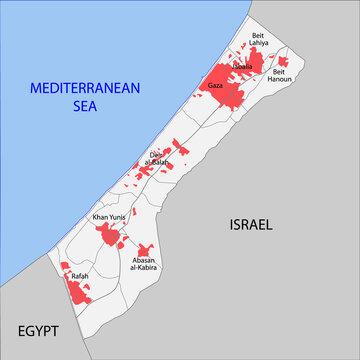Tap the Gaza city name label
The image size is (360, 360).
tap(215, 86)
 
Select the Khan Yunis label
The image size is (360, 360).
tap(107, 217)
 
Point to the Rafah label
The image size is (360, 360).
tap(79, 275)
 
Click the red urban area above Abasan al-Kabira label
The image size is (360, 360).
tap(145, 248)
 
